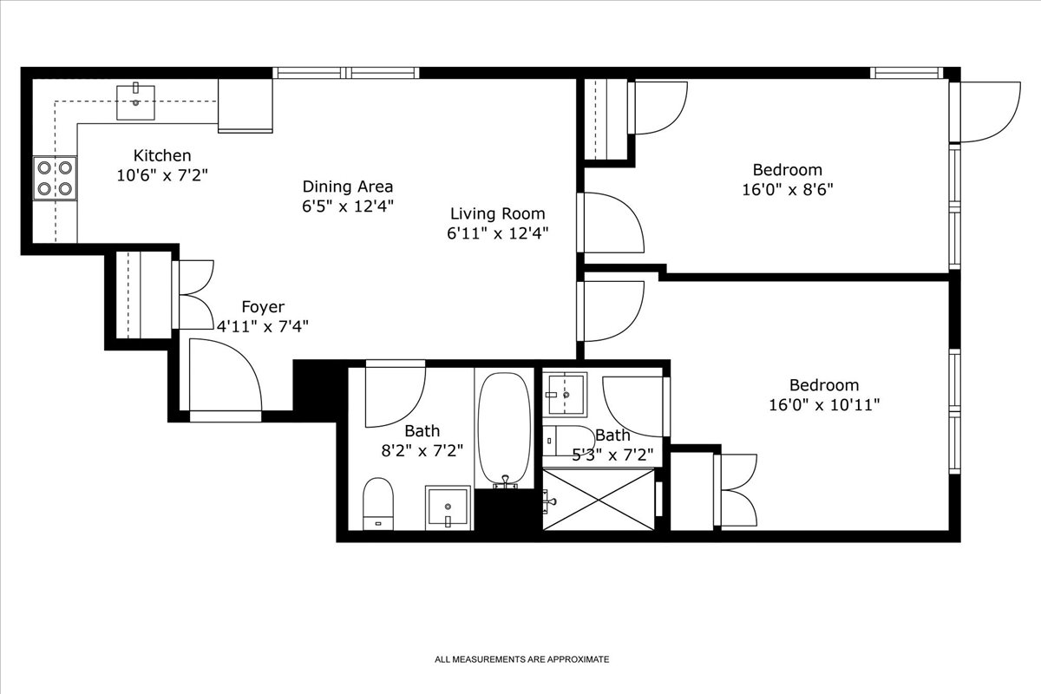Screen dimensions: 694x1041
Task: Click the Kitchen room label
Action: coord(162,155)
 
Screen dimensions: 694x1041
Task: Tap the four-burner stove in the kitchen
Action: coord(54,177)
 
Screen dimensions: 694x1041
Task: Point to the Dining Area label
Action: coord(347,187)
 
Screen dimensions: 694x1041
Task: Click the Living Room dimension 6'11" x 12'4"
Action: coord(497,232)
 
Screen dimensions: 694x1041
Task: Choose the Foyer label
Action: coord(262,307)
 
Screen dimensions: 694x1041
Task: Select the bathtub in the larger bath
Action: coord(504,429)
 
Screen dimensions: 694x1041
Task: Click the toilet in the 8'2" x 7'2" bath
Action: coord(378,502)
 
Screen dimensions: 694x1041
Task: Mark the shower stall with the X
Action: coord(599,499)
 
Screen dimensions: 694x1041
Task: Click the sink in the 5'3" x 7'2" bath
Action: coord(565,394)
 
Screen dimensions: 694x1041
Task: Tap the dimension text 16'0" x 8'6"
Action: coord(787,189)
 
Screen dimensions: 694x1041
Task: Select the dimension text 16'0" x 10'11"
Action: coord(823,404)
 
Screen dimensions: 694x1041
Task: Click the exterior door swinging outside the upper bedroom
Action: coord(989,111)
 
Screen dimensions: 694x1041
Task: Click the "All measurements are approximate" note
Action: coord(521,659)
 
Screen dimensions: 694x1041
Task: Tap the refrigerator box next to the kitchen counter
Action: coord(246,105)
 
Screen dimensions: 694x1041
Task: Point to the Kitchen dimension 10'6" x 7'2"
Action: coord(162,174)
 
